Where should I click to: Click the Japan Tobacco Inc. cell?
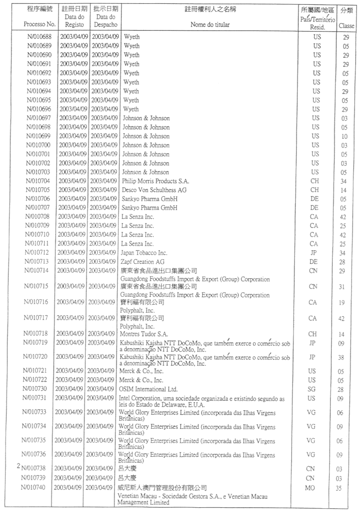[146, 252]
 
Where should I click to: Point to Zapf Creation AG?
[144, 261]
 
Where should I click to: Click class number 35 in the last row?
[339, 488]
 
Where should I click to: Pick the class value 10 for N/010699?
[344, 136]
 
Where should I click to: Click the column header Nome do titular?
[210, 24]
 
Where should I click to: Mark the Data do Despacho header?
[105, 20]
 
